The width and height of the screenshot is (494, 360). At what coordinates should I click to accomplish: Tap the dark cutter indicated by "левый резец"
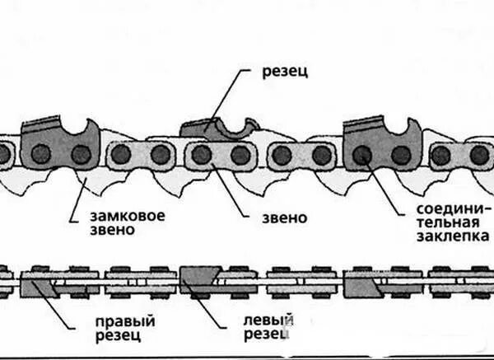coord(196,278)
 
